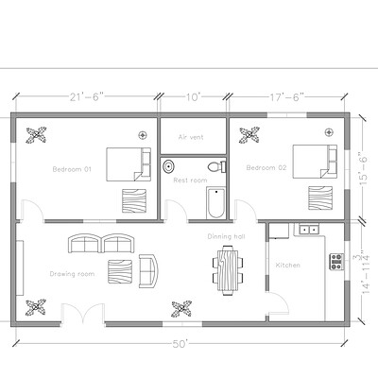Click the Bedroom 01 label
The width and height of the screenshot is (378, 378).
coord(71,169)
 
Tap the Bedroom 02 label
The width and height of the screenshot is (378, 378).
coord(266,167)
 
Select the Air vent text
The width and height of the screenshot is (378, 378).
coord(191,137)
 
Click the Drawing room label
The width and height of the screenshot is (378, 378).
coord(73,274)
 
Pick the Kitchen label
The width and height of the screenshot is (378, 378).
coord(288,266)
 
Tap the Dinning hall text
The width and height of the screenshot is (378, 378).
coord(227,237)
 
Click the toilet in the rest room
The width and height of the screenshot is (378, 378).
coord(215,166)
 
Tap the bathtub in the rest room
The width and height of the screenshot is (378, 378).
coord(215,202)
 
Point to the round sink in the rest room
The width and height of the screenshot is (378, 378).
coord(168,167)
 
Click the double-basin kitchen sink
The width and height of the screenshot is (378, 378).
coord(308,229)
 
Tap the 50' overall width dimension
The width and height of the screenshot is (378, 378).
coord(180,342)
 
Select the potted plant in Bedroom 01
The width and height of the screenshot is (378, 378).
coord(38,134)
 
